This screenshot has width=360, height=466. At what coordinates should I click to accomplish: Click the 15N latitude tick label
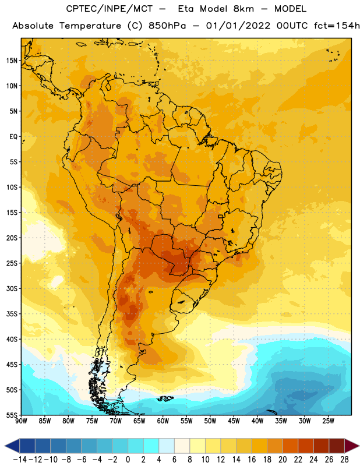coord(12,61)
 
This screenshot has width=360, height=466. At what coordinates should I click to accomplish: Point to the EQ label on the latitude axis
coord(13,137)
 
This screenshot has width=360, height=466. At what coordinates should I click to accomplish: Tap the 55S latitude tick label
coord(12,415)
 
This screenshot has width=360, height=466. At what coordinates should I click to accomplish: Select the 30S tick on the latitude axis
coord(12,288)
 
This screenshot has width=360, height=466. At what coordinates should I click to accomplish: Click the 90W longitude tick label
coord(21,421)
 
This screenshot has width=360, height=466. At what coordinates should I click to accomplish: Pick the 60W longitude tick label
coord(163,421)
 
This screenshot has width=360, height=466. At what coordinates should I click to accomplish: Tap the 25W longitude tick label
coord(328,421)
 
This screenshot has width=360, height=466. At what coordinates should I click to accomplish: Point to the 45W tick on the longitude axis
coord(234,421)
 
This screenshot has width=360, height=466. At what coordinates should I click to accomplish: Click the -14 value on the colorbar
coord(20,460)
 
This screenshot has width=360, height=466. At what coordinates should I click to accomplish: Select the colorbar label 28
coord(344,460)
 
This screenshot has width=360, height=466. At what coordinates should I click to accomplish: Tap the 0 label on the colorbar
coord(128,460)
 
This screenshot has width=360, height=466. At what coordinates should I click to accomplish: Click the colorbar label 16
coord(252,460)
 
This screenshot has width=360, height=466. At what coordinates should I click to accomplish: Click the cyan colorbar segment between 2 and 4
coord(151,446)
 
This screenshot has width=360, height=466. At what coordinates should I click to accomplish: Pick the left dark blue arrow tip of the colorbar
coord(5,446)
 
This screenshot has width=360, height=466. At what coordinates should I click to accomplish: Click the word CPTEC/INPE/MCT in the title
coord(110,9)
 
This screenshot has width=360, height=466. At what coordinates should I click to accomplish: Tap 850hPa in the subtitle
coord(167,26)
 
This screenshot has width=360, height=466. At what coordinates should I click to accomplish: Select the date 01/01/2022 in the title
coord(238,26)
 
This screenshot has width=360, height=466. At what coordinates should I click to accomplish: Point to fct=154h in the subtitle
coord(337,26)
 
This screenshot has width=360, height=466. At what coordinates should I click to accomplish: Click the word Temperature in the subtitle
coord(90,26)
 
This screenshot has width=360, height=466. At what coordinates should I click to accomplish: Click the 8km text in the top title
coord(243,9)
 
